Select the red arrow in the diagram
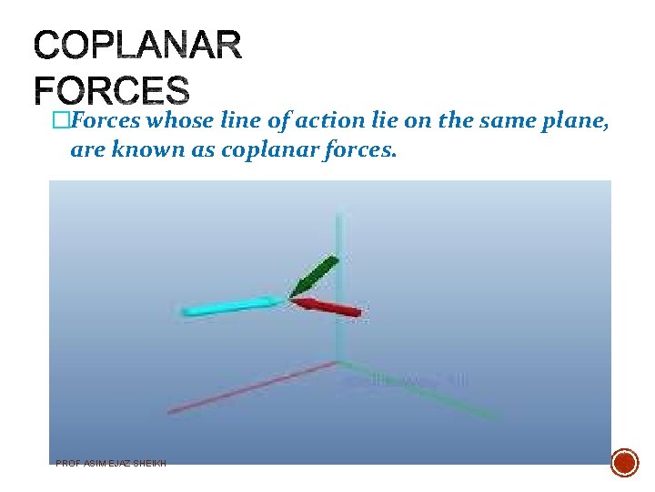point(328,307)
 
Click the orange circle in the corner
point(624,462)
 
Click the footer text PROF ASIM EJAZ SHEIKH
point(111,463)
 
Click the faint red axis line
point(246,389)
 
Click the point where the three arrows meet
point(290,297)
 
